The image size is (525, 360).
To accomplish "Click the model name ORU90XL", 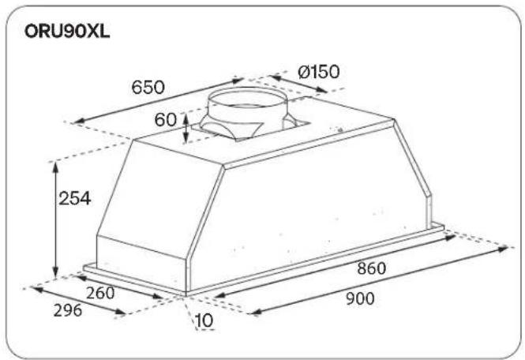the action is tap(67, 32).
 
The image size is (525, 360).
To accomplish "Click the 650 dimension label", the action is tap(148, 88).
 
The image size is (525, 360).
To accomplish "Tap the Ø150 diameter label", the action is tap(318, 72).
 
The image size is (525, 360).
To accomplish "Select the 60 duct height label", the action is tap(165, 119).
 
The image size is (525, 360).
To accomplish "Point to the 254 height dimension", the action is tap(75, 198).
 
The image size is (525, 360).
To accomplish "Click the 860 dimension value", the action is tap(372, 268).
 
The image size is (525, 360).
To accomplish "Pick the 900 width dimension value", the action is tap(360, 298).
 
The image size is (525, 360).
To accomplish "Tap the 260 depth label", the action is tap(100, 294).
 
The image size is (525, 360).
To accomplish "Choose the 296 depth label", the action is tap(68, 310).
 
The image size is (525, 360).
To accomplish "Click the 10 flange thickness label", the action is tap(204, 321).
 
